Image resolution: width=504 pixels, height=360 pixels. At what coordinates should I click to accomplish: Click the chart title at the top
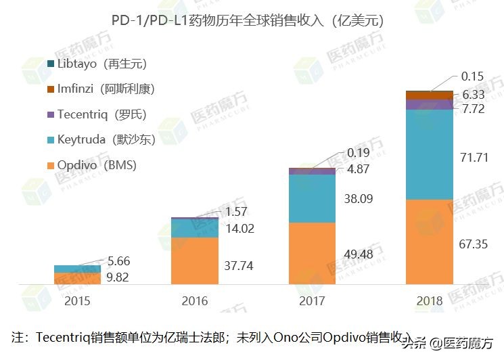(252, 20)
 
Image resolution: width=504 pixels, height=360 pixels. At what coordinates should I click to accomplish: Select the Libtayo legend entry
(101, 64)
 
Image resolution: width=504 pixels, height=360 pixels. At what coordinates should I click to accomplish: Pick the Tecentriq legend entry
(101, 114)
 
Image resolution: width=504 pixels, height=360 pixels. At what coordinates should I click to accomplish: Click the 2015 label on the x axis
(77, 300)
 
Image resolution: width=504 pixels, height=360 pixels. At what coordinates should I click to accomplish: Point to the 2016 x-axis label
(195, 300)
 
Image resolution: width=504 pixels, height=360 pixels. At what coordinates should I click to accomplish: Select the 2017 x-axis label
(312, 300)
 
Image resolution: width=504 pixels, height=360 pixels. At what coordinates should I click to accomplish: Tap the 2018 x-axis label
(429, 300)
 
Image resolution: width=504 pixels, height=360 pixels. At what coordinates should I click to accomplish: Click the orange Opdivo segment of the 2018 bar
(429, 242)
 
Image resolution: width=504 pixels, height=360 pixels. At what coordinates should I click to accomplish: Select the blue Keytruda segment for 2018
(429, 154)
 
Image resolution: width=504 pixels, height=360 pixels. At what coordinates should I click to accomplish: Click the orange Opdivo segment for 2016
(195, 261)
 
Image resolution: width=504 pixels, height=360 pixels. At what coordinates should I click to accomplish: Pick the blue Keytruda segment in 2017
(312, 198)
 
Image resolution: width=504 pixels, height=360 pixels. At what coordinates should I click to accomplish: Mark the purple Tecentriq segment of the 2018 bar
(429, 104)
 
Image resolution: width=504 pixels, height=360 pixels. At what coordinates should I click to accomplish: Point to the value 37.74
(239, 266)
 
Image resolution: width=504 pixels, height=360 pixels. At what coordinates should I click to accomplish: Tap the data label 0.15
(473, 77)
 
